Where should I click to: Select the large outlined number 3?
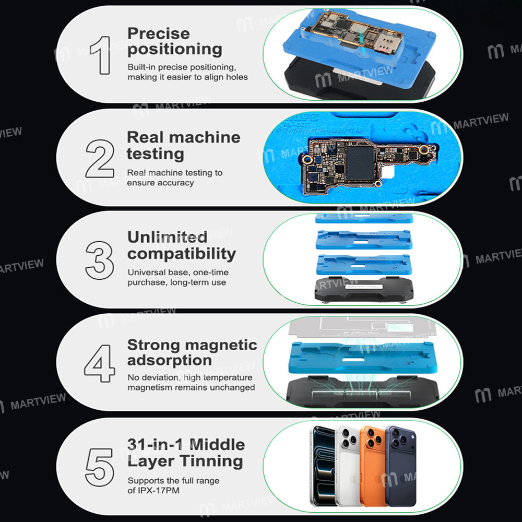tap(100, 259)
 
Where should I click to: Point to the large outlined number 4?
tap(100, 362)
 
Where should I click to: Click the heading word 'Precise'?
tap(159, 33)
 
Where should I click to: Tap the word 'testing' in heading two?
tap(155, 153)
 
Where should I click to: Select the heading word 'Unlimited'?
tap(167, 238)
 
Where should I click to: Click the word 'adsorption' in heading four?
tap(169, 360)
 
